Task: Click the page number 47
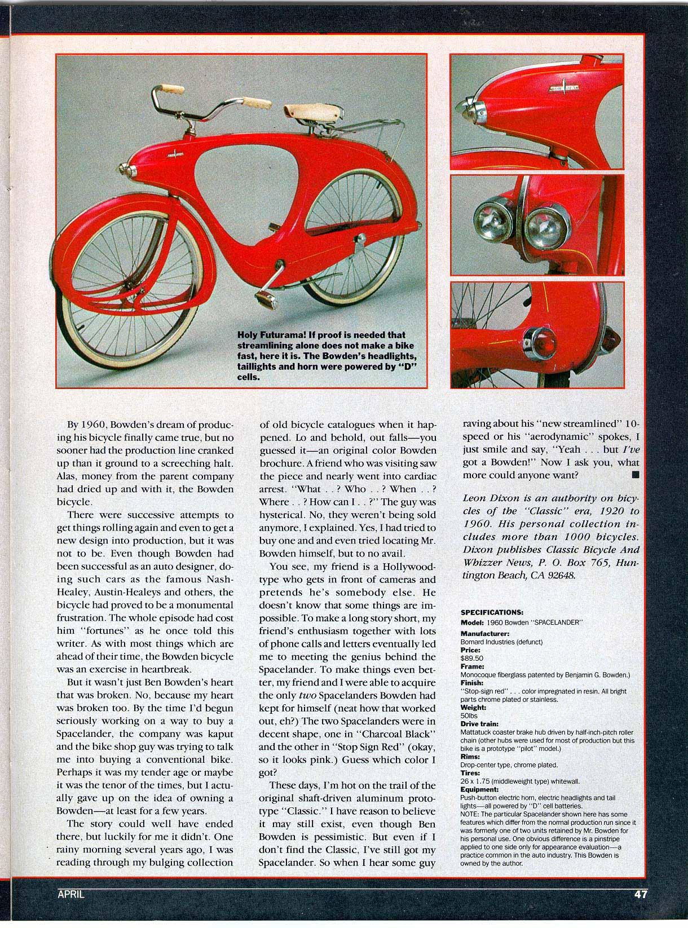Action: (639, 910)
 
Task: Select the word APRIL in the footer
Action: (70, 909)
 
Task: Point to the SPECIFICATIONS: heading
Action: (492, 612)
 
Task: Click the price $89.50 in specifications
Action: (472, 658)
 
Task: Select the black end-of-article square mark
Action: (636, 475)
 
